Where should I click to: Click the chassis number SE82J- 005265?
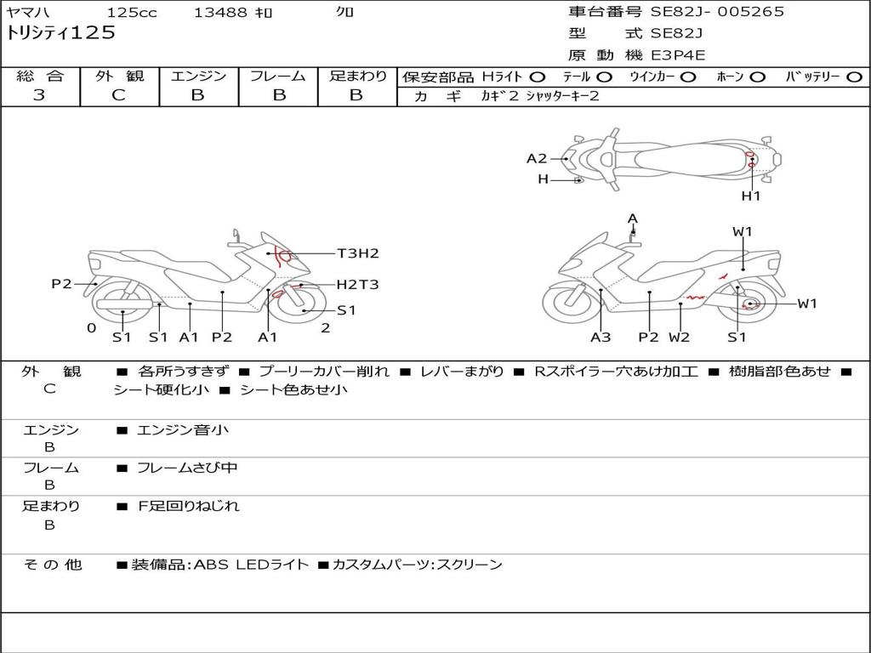717,12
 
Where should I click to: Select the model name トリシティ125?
60,33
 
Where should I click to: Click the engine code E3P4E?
678,55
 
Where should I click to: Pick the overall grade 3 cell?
39,95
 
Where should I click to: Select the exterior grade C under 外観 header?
119,95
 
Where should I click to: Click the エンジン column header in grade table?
198,77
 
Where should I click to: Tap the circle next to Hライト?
538,77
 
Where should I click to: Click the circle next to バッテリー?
854,77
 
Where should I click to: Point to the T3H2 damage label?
357,253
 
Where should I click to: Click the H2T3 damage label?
357,285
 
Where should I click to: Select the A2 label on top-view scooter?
537,158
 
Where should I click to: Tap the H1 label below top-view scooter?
750,196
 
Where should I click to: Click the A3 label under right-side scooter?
601,338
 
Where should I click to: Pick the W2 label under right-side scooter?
679,338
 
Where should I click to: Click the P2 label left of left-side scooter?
61,284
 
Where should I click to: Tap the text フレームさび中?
187,468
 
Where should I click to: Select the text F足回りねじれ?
189,506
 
